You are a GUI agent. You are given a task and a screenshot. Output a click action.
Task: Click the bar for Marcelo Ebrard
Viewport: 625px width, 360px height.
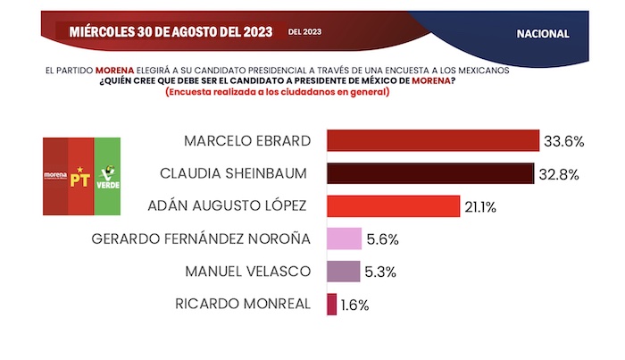point(433,141)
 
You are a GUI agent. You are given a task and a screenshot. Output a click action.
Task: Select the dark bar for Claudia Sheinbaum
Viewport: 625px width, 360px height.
point(430,173)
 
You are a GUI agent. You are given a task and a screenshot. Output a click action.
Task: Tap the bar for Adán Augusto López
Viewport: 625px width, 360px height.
point(393,206)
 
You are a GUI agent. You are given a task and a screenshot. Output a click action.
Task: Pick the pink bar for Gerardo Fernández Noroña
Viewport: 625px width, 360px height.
point(345,239)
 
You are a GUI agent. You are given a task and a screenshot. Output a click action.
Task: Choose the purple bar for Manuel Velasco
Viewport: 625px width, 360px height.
point(344,271)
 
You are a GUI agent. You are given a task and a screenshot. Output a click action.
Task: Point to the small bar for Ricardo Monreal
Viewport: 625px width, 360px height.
point(332,304)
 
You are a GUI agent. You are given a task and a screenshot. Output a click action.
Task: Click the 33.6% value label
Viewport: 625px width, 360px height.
point(564,141)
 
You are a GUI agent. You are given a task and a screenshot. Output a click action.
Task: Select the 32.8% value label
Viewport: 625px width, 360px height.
point(559,173)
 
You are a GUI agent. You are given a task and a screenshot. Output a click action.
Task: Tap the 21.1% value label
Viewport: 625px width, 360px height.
point(479,206)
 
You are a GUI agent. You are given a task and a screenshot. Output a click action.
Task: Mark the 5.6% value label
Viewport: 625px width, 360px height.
point(381,239)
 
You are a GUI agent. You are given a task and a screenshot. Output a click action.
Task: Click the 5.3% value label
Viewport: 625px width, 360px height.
point(379,271)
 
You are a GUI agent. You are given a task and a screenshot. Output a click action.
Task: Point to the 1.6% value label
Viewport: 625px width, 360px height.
point(354,304)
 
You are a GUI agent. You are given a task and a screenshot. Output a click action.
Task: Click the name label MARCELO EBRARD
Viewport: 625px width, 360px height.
point(246,141)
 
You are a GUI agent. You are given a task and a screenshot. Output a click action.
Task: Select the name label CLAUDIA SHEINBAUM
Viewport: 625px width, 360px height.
point(235,173)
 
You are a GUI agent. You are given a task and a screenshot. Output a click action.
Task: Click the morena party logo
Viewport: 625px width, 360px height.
point(55,176)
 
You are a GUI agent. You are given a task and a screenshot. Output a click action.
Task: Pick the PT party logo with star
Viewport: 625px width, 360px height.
point(80,176)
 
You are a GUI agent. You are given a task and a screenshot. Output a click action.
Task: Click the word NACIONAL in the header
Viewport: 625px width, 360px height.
point(542,32)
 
